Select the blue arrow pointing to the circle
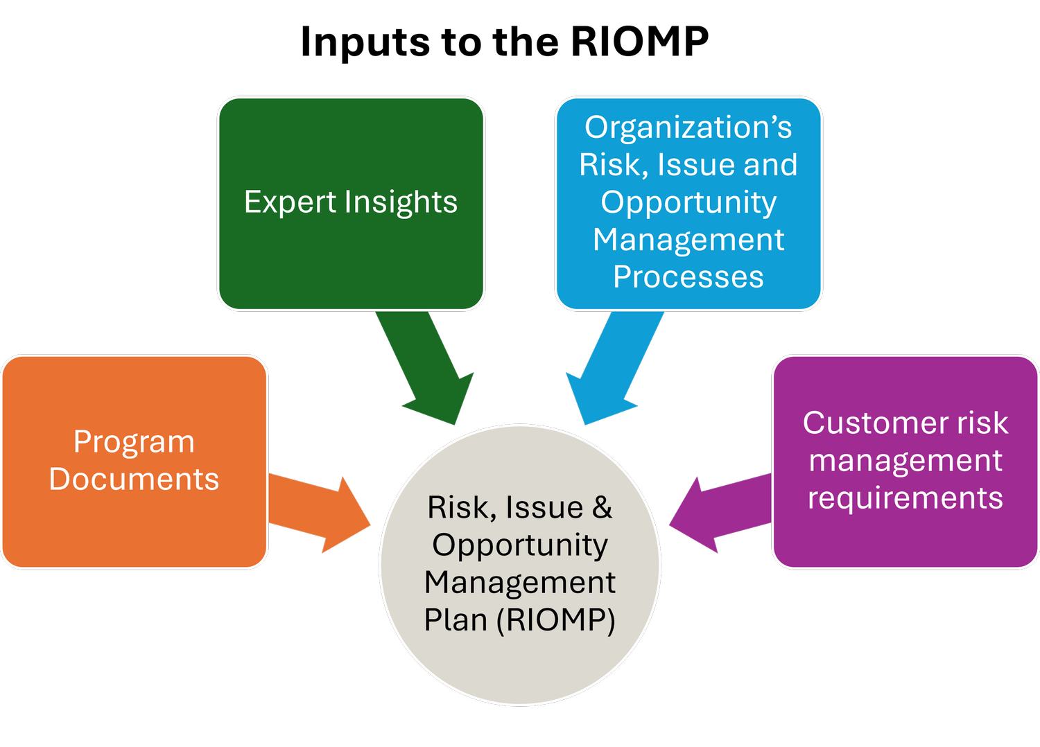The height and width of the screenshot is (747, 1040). pos(610,367)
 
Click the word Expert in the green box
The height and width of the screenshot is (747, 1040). pos(290,202)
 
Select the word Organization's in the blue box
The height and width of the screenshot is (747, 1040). pos(688,128)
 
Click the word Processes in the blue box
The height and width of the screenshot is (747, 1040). pos(688,277)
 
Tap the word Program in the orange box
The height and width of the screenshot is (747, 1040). pos(134,442)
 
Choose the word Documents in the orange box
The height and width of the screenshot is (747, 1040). pos(134,480)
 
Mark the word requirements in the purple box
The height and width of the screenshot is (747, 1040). pos(905,498)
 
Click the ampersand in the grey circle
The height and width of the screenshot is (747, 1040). pos(602,507)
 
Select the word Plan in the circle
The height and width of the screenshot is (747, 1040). pos(456,619)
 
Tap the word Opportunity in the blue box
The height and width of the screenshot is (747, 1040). pos(688,202)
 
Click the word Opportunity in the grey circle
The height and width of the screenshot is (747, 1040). pos(520,545)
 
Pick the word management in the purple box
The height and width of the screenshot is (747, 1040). pos(905,460)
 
